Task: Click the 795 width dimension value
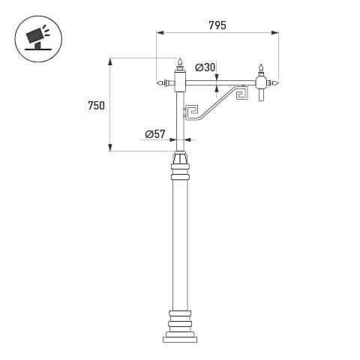[x=217, y=25]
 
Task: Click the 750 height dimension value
[x=96, y=106]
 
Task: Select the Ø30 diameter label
[x=205, y=67]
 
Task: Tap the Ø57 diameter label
[x=155, y=134]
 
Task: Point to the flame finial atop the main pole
[x=180, y=64]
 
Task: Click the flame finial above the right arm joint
[x=261, y=70]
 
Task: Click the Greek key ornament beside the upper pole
[x=192, y=112]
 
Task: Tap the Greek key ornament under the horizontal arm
[x=242, y=93]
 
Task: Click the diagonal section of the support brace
[x=216, y=103]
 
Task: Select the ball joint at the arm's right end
[x=261, y=82]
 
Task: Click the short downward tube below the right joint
[x=261, y=94]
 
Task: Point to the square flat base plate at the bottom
[x=180, y=340]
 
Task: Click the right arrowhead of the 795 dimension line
[x=275, y=33]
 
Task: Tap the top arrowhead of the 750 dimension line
[x=109, y=61]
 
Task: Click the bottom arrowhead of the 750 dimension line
[x=109, y=147]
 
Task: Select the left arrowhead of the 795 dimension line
[x=160, y=33]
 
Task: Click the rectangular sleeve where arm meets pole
[x=180, y=81]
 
